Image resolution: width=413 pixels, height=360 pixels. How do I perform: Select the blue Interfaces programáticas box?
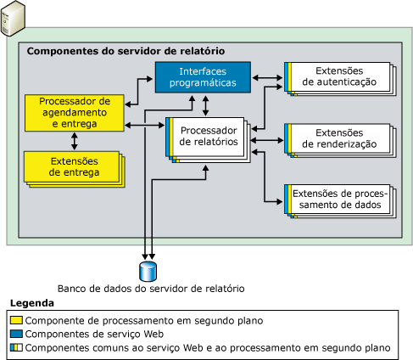pyautogui.click(x=202, y=76)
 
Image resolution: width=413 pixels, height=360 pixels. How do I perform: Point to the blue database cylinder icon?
pyautogui.click(x=149, y=270)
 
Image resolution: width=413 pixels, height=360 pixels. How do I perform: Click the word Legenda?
pyautogui.click(x=31, y=303)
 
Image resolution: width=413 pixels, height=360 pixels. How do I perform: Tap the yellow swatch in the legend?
pyautogui.click(x=16, y=321)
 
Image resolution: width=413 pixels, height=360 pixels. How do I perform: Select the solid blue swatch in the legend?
pyautogui.click(x=16, y=335)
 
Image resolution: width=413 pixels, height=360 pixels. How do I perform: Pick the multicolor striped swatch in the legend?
pyautogui.click(x=16, y=348)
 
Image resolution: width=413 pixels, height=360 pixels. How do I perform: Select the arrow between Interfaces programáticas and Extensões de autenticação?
pyautogui.click(x=269, y=77)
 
